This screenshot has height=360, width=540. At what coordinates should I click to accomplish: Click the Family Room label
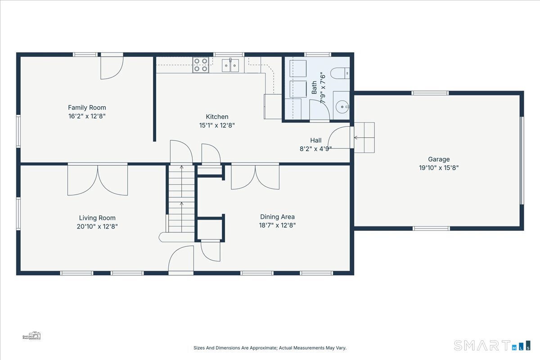(x=87, y=108)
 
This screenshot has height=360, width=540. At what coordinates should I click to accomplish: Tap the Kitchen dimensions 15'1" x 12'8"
(x=217, y=126)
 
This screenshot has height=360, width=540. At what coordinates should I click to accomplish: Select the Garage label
(x=439, y=159)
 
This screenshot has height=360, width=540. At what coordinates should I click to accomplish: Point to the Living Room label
(x=97, y=218)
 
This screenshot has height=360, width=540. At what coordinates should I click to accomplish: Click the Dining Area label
(x=277, y=217)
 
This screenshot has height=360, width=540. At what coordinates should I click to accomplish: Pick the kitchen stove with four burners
(x=201, y=65)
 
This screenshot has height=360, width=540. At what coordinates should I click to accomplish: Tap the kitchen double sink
(x=230, y=65)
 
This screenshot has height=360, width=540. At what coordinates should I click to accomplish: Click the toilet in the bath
(x=340, y=73)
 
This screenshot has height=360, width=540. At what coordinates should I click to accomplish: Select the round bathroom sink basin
(x=342, y=107)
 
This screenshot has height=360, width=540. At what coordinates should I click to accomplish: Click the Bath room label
(x=314, y=87)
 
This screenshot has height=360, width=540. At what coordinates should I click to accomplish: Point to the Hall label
(x=316, y=140)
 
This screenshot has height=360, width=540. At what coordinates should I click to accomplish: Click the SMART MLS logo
(x=492, y=345)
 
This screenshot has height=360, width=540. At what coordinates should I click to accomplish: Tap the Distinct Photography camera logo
(x=31, y=336)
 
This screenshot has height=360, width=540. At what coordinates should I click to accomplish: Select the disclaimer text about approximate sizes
(x=270, y=348)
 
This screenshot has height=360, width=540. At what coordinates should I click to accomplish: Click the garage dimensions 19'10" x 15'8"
(x=439, y=167)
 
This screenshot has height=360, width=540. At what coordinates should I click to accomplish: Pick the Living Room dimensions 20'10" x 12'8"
(x=97, y=226)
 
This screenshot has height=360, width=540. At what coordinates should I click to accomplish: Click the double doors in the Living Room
(x=98, y=179)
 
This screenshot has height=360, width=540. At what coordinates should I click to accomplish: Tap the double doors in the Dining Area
(x=255, y=176)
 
